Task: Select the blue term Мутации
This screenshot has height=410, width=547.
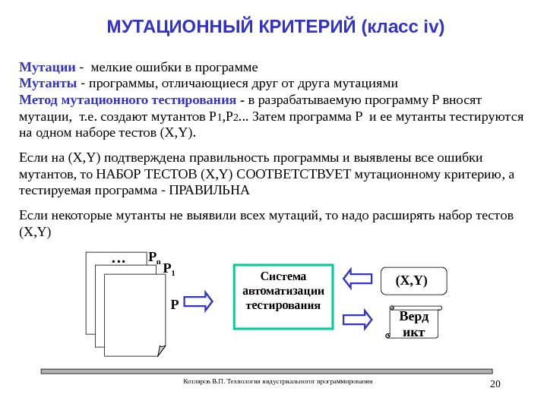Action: [x=46, y=66]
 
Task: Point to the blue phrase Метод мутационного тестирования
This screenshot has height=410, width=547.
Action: [x=127, y=100]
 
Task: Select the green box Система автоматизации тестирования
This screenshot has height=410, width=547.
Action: [x=283, y=296]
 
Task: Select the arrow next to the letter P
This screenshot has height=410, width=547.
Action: [x=199, y=303]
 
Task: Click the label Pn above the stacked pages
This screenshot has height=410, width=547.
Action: [x=154, y=257]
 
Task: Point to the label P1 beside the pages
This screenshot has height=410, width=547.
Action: [x=169, y=269]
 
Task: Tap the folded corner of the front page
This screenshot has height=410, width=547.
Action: [x=161, y=350]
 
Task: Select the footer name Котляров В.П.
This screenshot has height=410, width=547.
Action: [x=200, y=381]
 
